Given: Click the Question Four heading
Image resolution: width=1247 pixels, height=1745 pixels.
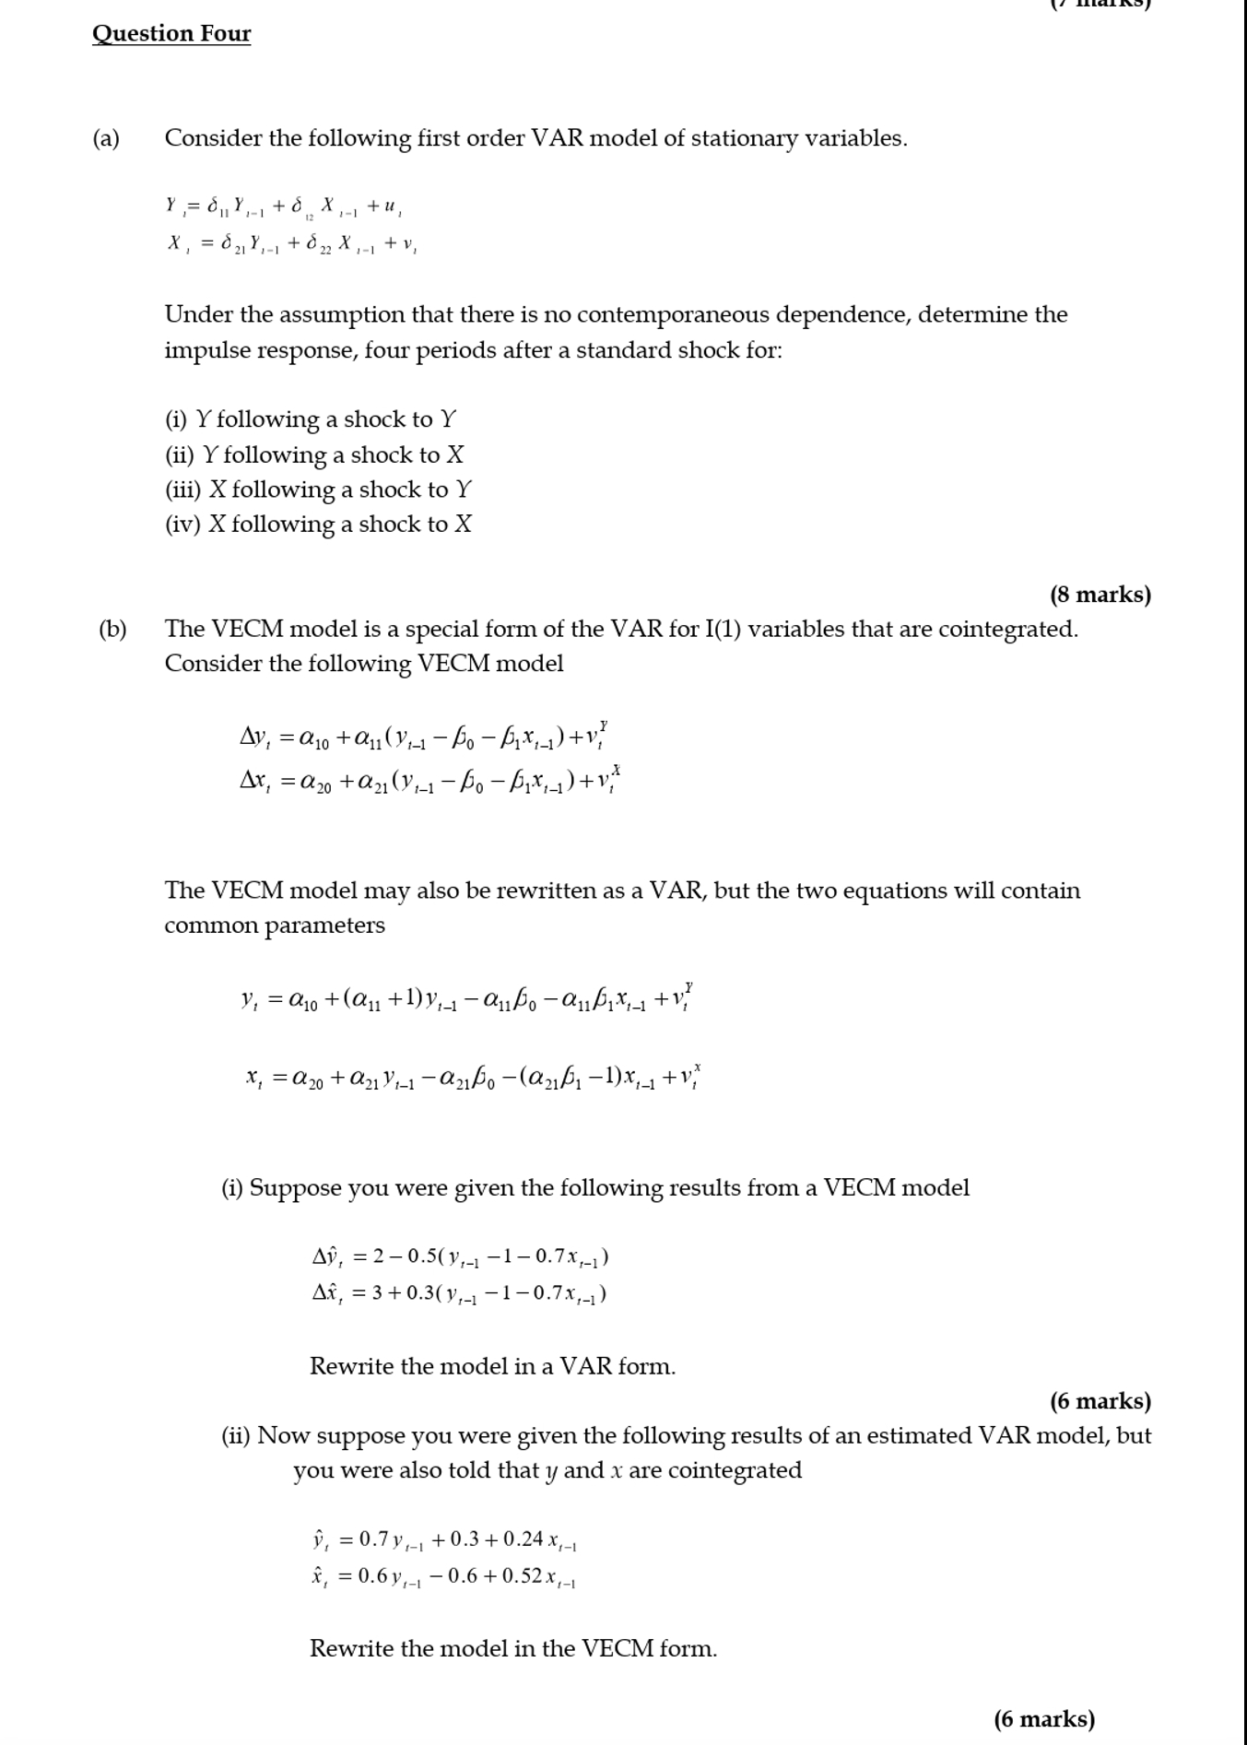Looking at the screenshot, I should (171, 34).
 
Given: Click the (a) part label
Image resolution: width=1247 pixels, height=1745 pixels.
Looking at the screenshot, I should (106, 138).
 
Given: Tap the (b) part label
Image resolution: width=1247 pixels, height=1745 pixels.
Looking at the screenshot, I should (112, 630).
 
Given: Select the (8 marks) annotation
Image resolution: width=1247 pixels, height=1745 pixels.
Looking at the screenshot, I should (1100, 595).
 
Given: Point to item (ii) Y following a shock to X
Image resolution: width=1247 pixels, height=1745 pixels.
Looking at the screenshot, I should (314, 455).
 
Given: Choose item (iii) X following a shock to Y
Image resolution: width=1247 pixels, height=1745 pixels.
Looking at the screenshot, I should (318, 489).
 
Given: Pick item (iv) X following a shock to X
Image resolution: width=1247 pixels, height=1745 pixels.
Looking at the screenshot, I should (318, 525).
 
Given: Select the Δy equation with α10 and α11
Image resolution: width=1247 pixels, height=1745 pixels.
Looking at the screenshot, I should (423, 737).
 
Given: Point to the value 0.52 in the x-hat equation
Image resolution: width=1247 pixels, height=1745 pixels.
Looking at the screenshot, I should (522, 1576).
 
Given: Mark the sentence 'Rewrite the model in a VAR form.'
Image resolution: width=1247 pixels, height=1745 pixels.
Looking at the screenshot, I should (492, 1366).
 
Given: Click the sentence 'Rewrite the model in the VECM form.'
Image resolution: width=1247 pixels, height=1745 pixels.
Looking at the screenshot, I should (512, 1648).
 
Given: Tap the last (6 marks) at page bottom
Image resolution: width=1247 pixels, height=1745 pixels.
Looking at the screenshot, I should (1044, 1719).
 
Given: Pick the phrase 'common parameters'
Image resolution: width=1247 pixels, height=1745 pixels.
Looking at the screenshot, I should (275, 926).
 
